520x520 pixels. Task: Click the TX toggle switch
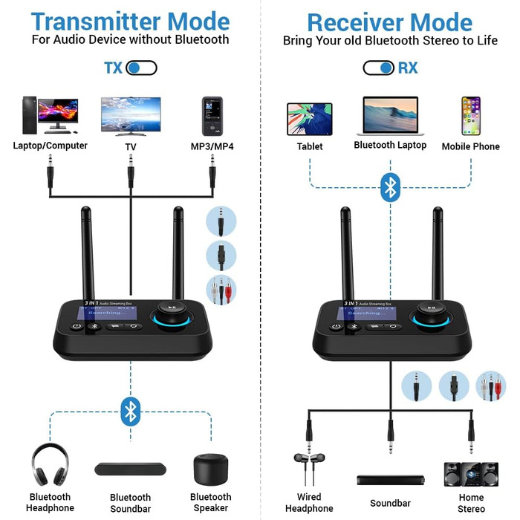click(141, 68)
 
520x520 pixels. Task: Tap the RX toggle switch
click(378, 68)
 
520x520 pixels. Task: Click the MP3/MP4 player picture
click(211, 115)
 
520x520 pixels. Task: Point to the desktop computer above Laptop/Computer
click(50, 115)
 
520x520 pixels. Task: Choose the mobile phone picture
click(471, 116)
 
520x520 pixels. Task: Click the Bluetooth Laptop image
click(390, 116)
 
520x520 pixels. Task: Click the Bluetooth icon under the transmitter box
click(131, 410)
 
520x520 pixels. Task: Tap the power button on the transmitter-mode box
click(77, 325)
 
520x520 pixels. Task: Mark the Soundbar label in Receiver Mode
click(390, 503)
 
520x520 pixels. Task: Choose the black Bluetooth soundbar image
click(130, 469)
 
